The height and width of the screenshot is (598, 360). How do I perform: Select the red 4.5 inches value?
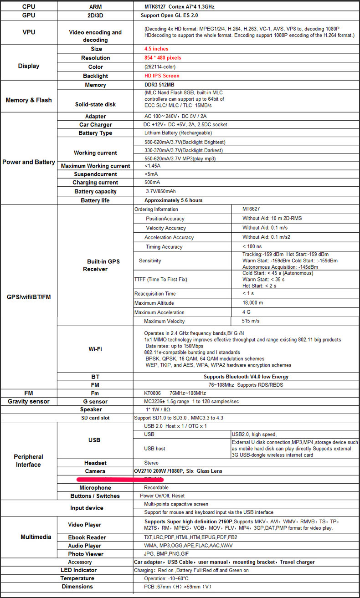click(156, 49)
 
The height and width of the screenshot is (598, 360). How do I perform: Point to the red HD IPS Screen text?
click(162, 76)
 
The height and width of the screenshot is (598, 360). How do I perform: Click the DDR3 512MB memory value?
click(159, 85)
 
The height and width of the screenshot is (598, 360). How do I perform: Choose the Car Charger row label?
click(95, 124)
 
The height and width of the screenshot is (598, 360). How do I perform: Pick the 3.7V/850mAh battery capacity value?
click(161, 191)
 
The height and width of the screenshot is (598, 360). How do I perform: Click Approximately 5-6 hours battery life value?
click(173, 200)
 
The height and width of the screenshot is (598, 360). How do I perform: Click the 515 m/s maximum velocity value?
click(252, 322)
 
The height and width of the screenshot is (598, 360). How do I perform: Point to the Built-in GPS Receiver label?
click(103, 266)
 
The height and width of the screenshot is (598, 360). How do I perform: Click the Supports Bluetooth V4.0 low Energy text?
click(246, 377)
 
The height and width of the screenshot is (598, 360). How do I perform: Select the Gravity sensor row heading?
click(28, 401)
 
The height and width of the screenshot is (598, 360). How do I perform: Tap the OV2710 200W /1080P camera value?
click(183, 471)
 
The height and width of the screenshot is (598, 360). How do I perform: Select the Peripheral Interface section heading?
click(28, 460)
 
